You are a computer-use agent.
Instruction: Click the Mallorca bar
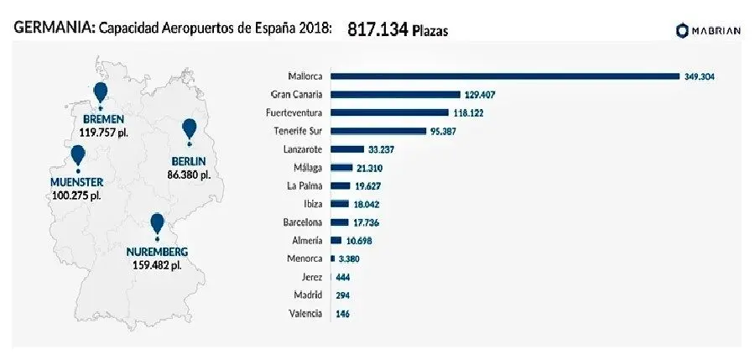coord(505,76)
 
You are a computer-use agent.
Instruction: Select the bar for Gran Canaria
coord(396,95)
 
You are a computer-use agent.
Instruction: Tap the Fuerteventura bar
coord(391,112)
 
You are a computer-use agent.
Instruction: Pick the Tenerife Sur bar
coord(379,131)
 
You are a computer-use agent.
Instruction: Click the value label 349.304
coord(699,76)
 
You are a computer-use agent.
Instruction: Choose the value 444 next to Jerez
coord(342,277)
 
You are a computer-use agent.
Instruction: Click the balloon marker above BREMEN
coord(101,92)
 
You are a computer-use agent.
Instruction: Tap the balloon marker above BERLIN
coord(190,129)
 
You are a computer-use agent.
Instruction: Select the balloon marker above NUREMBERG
coord(157,223)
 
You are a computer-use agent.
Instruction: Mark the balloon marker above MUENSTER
coord(78,154)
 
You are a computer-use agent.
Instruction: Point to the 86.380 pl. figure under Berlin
coord(189,175)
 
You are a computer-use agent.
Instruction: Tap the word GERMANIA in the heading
coord(51,29)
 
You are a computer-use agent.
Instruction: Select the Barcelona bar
coord(340,222)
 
